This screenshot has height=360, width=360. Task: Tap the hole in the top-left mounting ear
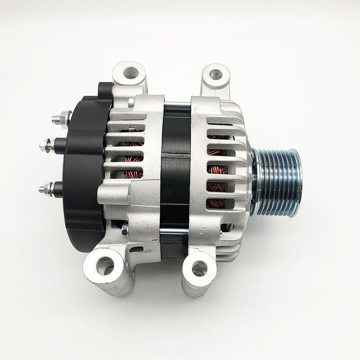[130, 72]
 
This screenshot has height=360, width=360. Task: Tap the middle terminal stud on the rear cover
[45, 145]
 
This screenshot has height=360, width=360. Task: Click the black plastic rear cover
[85, 171]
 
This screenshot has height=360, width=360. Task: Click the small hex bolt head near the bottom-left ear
[125, 230]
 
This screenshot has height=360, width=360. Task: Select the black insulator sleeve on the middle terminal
[59, 145]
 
